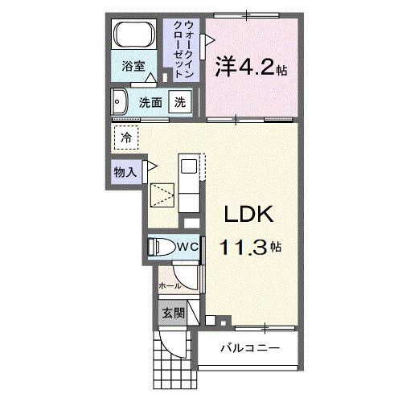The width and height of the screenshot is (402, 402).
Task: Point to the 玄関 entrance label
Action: click(173, 312)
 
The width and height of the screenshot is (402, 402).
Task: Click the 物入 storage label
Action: click(125, 170)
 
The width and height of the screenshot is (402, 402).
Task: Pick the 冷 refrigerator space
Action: click(126, 138)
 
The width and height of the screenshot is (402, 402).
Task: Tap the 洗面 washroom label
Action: click(150, 102)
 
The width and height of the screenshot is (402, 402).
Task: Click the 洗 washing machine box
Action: click(182, 102)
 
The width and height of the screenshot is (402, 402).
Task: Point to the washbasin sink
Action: click(121, 102)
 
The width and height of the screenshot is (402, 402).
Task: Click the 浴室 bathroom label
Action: click(133, 67)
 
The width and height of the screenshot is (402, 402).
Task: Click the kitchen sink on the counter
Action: click(189, 166)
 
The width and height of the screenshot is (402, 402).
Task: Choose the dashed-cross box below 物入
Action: click(162, 195)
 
